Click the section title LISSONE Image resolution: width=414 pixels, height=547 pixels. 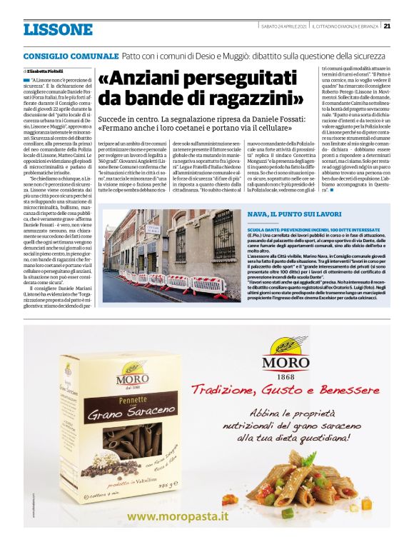(x=58, y=30)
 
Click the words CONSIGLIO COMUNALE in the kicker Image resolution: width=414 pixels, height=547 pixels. (x=70, y=55)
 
